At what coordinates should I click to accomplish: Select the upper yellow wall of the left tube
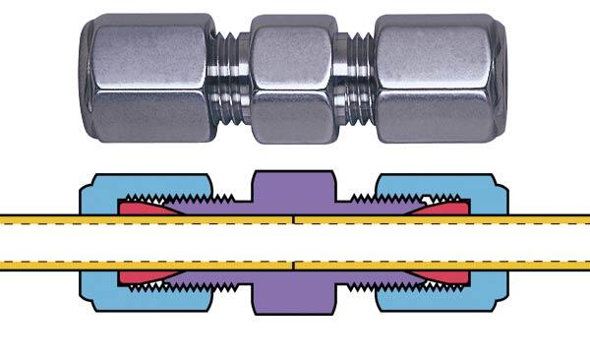click(59, 219)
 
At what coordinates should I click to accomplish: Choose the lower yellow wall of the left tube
click(59, 265)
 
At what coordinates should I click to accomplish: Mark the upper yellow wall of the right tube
click(531, 219)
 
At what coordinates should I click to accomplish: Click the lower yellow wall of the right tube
click(531, 265)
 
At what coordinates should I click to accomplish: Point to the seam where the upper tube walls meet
click(295, 219)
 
